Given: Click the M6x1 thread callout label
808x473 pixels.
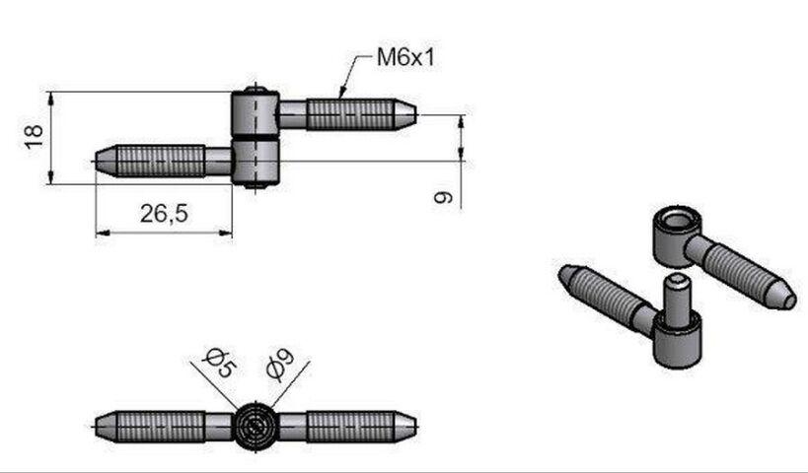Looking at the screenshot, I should pos(405,57).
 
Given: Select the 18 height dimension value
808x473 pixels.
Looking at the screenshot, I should pos(34,136).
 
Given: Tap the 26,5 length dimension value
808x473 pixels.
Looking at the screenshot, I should pos(164,213).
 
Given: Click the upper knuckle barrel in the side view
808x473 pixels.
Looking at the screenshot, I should pos(256,114).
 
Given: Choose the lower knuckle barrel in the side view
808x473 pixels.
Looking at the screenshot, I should pos(256,162).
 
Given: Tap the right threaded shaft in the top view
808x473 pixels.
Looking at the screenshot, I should pos(350,426).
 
